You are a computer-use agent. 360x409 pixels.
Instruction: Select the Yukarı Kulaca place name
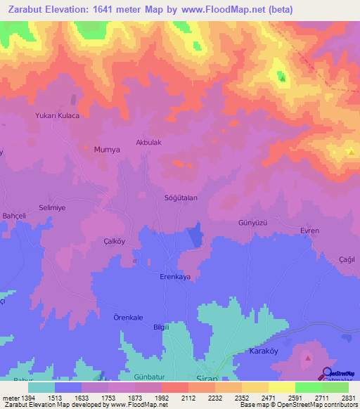(x=56, y=115)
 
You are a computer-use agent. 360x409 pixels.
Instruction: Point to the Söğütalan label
(x=181, y=197)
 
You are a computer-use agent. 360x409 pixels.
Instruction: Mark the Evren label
(x=309, y=231)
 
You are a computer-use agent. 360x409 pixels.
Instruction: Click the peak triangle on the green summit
(x=283, y=78)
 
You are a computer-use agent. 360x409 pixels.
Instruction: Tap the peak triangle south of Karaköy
(x=307, y=359)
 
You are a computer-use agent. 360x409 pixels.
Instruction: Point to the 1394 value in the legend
(x=25, y=398)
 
